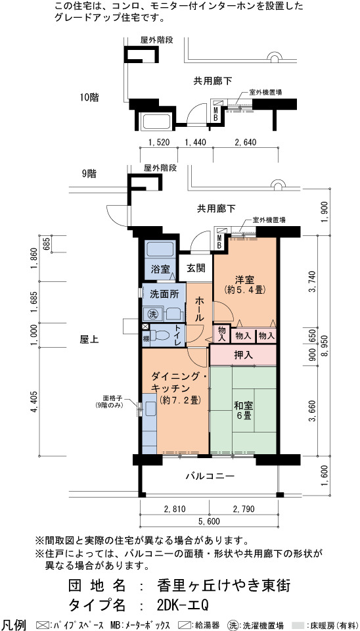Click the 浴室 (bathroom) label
[160, 269]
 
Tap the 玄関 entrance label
[196, 268]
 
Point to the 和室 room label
[243, 410]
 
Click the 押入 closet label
[243, 355]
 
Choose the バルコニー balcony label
[210, 476]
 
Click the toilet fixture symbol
[162, 335]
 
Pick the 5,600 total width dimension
[209, 522]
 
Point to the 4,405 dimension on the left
[35, 401]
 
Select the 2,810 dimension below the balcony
[175, 509]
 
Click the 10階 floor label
[89, 97]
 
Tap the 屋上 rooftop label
[89, 340]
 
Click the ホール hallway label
[199, 309]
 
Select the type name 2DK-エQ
[183, 605]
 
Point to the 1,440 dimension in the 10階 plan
[194, 142]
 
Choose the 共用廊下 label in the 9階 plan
[216, 209]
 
